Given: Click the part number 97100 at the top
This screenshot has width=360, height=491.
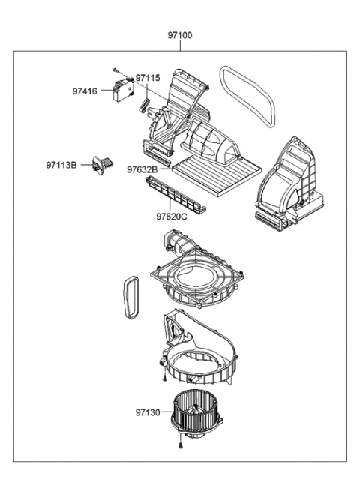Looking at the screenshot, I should pyautogui.click(x=180, y=35).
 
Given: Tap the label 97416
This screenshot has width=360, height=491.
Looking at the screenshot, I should pyautogui.click(x=85, y=91).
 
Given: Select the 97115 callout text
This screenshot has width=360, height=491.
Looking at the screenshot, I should pyautogui.click(x=148, y=78).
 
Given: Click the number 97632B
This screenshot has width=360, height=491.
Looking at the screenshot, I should pyautogui.click(x=141, y=169).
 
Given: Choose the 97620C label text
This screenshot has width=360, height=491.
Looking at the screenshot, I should pyautogui.click(x=172, y=217).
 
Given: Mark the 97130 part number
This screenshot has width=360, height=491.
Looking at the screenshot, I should pyautogui.click(x=148, y=412).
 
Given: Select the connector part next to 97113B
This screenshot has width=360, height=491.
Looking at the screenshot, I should pyautogui.click(x=101, y=164).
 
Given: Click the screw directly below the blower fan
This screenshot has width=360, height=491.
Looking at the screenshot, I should pyautogui.click(x=181, y=447).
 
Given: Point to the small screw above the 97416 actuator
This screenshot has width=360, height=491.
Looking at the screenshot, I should pyautogui.click(x=118, y=69).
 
